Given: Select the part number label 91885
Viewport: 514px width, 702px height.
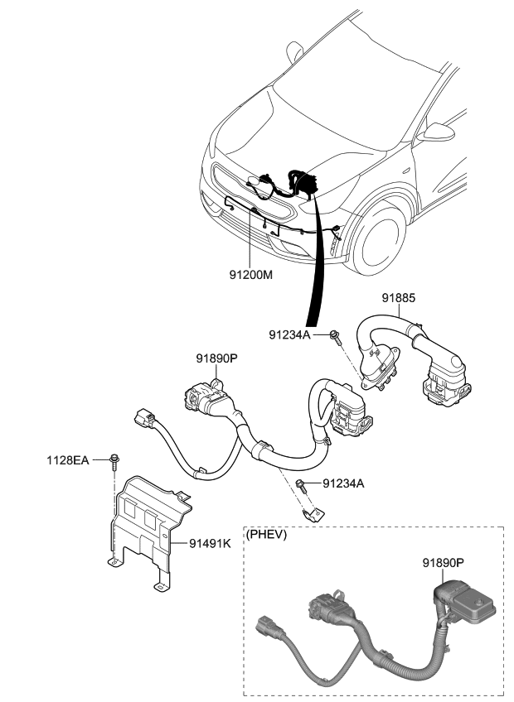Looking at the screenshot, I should click(399, 299).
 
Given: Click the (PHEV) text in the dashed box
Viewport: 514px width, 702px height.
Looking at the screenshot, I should click(266, 535).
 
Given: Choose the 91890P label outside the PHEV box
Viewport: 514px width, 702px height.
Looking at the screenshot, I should click(217, 358).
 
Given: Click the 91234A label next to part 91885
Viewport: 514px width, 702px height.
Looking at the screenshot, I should click(290, 334).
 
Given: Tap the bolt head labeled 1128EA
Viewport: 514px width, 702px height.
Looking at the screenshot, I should click(114, 458).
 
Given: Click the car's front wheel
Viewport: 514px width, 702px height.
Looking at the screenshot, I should click(383, 239).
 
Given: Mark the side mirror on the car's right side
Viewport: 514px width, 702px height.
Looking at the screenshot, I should click(434, 132).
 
